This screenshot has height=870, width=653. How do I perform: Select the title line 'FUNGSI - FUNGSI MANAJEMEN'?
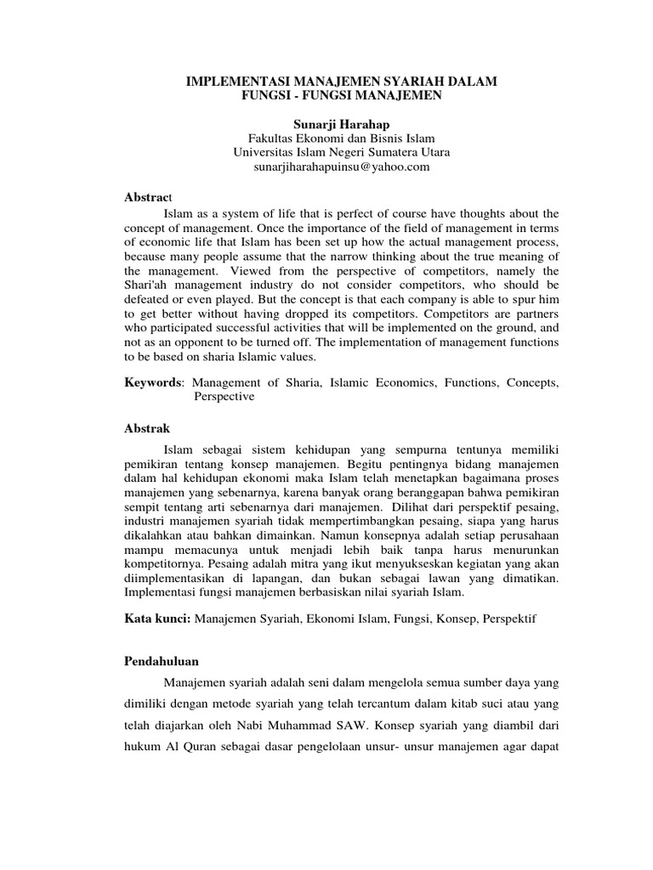point(342,95)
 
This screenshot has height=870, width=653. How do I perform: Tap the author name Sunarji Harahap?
point(342,124)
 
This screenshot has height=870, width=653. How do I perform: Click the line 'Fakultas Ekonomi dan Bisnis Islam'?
point(342,138)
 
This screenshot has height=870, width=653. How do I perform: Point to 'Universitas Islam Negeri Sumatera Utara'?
point(342,153)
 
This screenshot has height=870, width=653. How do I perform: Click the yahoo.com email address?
point(342,167)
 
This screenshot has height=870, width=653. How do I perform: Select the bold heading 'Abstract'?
point(149,196)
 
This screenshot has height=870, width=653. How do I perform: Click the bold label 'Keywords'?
point(152,384)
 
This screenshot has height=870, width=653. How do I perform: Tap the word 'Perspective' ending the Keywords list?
point(224,398)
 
